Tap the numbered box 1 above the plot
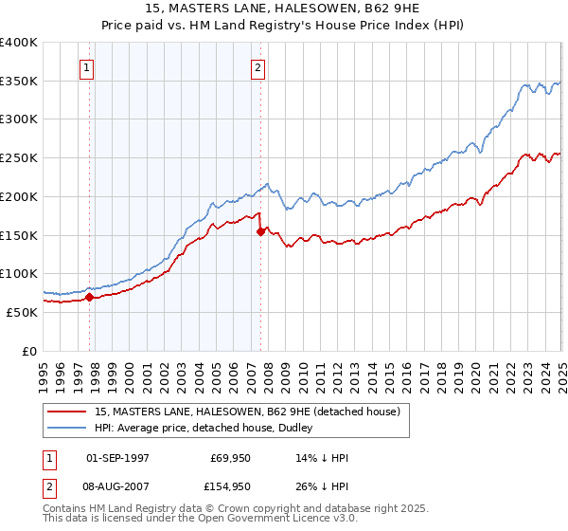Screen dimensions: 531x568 (x=87, y=67)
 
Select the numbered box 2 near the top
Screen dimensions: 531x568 (x=257, y=67)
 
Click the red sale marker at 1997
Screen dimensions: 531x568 (x=90, y=297)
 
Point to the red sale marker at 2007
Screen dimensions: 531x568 (x=260, y=231)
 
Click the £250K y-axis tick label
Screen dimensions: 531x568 (x=19, y=158)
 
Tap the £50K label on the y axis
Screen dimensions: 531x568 (x=22, y=312)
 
